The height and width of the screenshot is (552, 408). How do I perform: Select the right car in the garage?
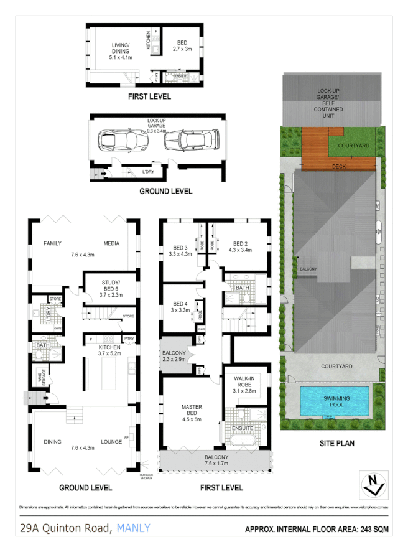[x=190, y=141]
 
